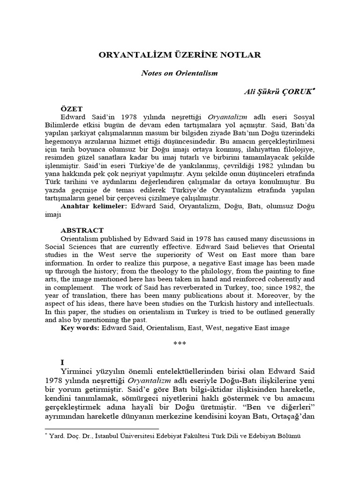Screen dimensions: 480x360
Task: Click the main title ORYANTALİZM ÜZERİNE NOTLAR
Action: coord(180,55)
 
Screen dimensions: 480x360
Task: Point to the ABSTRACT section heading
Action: coord(82,231)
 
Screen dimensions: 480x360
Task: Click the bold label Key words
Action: coord(80,328)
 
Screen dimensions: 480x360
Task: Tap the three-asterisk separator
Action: coord(180,343)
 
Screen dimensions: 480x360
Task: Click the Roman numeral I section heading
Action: coord(62,363)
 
